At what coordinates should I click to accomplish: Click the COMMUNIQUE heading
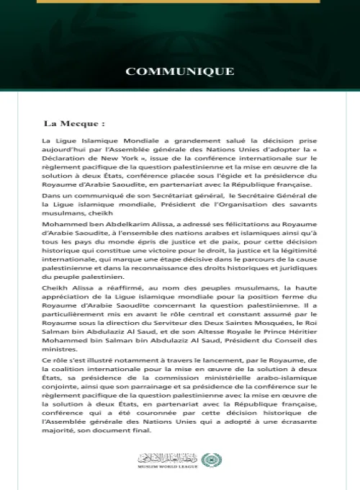coord(180,71)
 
